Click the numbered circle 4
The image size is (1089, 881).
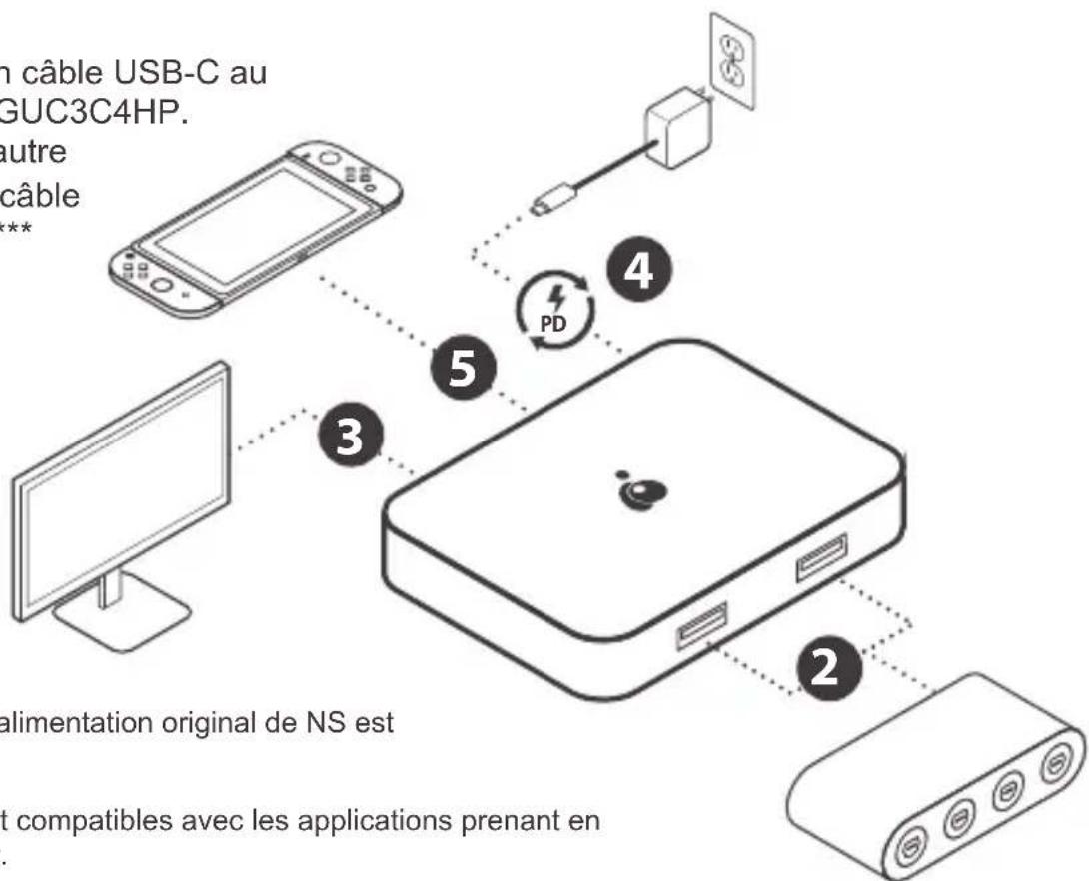point(636,273)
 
